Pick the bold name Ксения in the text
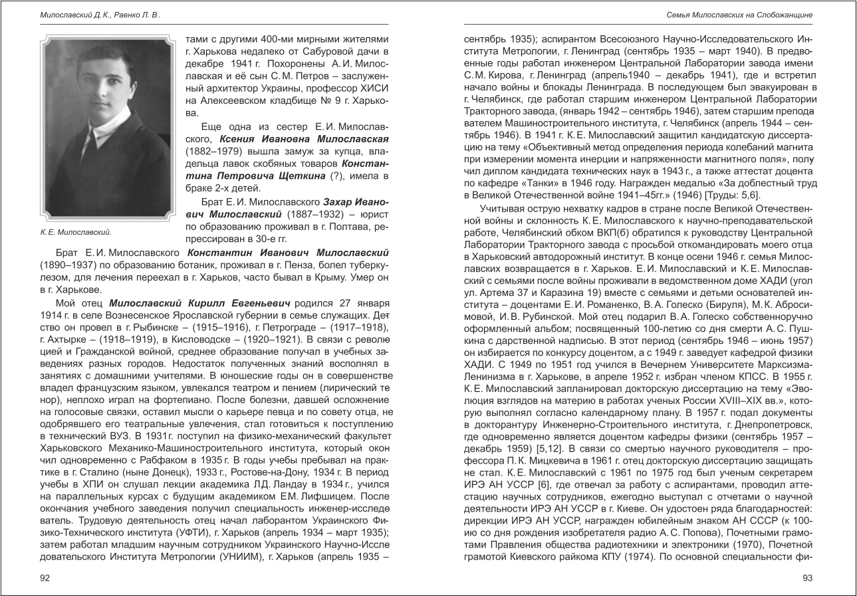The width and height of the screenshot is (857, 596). click(x=231, y=139)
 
